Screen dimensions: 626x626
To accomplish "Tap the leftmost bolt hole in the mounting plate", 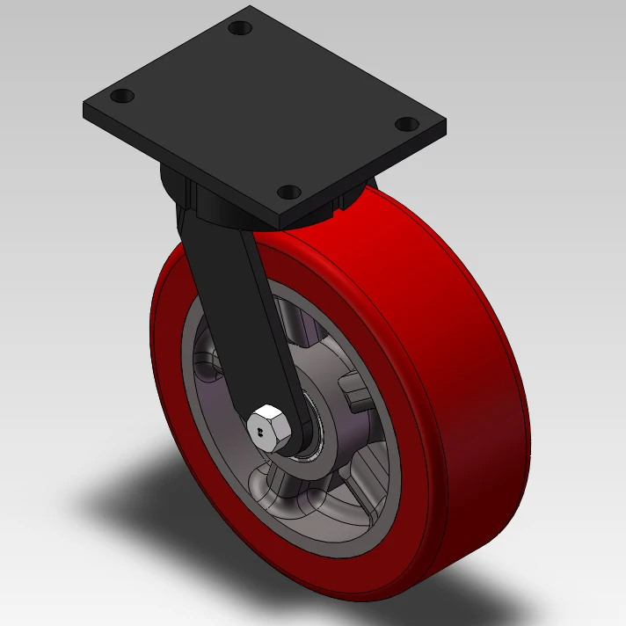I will [122, 95].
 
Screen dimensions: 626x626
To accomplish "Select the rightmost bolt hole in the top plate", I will [405, 123].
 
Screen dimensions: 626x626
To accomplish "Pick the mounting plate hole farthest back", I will [239, 28].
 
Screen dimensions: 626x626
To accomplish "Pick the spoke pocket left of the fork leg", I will [209, 360].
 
